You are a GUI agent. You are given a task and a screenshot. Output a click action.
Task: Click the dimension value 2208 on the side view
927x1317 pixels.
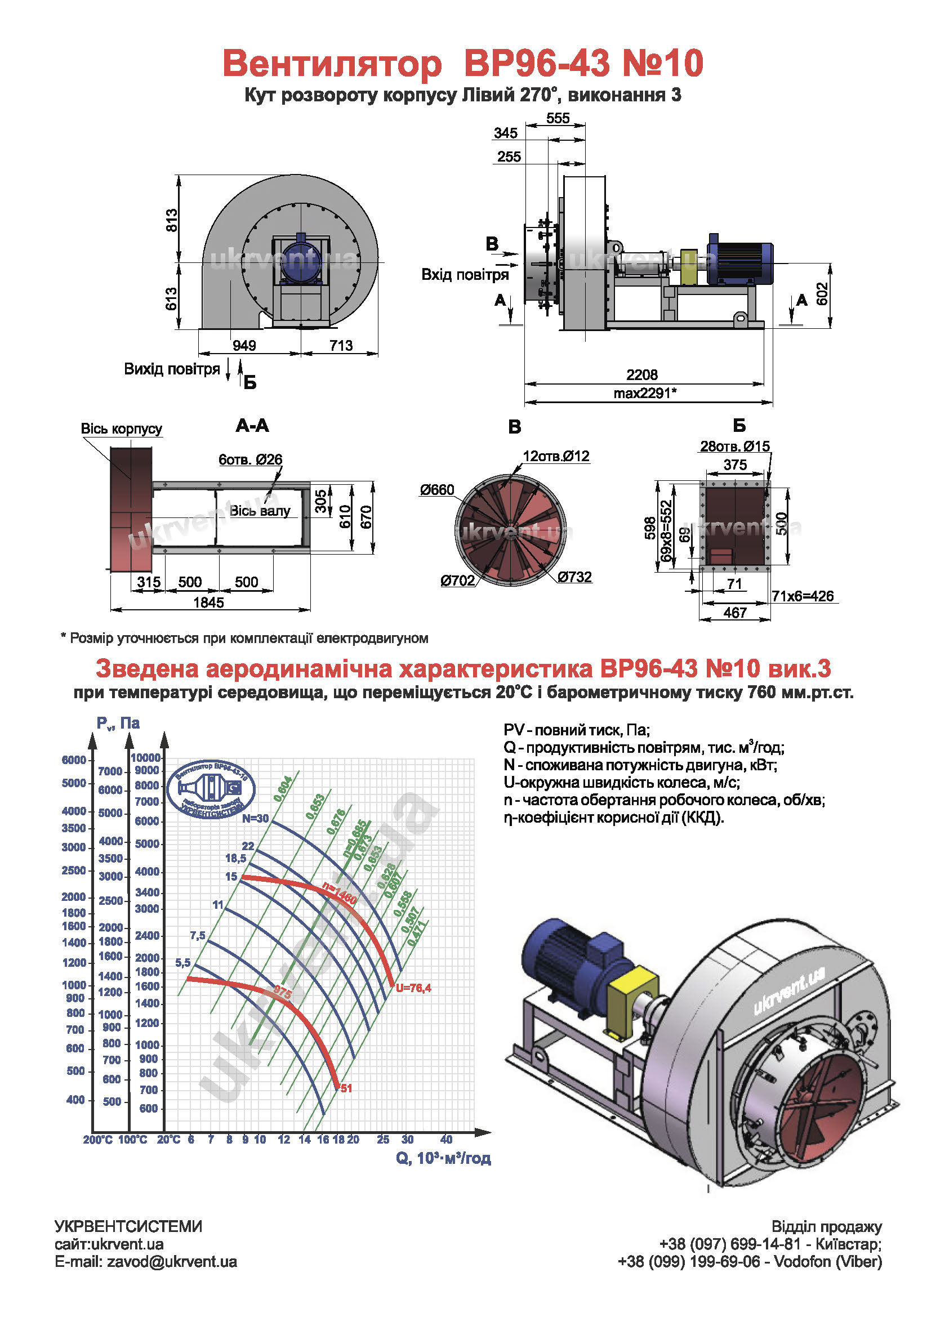coord(641,374)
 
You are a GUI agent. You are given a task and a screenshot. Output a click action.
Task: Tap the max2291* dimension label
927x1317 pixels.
coord(645,393)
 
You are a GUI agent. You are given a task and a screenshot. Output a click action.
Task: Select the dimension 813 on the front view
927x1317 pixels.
coord(172,220)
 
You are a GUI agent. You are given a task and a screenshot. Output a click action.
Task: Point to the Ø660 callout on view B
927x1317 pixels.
coord(436,490)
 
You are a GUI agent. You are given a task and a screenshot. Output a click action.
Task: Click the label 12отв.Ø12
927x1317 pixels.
coord(556,456)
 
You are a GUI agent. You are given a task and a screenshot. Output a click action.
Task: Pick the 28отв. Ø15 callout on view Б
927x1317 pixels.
coord(734,447)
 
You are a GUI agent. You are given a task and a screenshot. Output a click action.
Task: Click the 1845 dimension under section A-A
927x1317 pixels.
coord(208,602)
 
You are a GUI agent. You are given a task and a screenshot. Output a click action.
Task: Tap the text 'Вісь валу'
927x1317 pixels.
coord(260,511)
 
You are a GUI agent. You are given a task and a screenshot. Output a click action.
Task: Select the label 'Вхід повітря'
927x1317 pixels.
coord(465,274)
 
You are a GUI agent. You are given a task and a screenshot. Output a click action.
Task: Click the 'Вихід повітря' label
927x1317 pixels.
coord(172,369)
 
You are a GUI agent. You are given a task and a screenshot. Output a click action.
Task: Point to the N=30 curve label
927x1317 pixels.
coord(255,819)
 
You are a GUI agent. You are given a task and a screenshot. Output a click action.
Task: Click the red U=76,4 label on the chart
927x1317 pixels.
coord(413,988)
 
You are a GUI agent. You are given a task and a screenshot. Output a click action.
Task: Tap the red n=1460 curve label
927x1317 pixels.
coord(340,894)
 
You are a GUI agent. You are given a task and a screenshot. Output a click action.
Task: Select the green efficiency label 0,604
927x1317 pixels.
coord(283,789)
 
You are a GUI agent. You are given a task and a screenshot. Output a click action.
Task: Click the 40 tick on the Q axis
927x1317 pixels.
coord(446,1139)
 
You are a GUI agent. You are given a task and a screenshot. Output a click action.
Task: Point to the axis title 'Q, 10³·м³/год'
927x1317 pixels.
coord(443,1158)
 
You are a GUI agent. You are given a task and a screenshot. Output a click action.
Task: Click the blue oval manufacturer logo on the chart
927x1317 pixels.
coord(211,789)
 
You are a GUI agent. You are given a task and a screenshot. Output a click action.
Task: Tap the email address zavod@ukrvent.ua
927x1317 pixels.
coord(172,1261)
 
